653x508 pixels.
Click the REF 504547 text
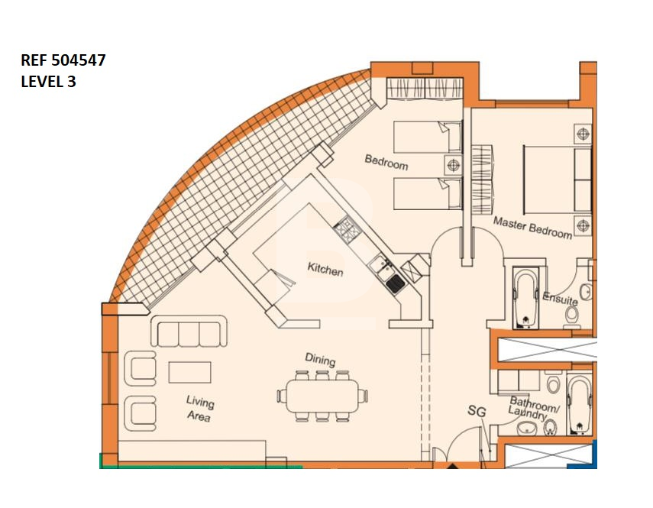tap(63, 60)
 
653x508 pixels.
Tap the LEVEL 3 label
tap(48, 81)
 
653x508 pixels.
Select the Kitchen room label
tap(325, 270)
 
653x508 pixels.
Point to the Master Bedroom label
tap(532, 228)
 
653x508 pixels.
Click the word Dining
tap(320, 359)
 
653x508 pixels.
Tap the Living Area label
tap(199, 409)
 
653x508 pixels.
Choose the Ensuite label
tap(560, 298)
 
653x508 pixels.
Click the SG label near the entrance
tap(477, 412)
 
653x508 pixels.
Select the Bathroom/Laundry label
tap(534, 408)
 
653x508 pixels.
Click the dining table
tap(322, 395)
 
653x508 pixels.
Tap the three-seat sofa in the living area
tap(189, 331)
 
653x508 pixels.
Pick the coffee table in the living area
tap(189, 372)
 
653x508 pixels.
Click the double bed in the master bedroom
tap(558, 178)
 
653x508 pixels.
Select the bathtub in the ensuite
tap(525, 297)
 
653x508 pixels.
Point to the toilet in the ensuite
tap(572, 315)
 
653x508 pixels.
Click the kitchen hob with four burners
tap(347, 229)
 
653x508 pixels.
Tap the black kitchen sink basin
tap(395, 283)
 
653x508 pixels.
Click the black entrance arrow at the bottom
tap(452, 465)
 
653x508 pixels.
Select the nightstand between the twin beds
tap(453, 165)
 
